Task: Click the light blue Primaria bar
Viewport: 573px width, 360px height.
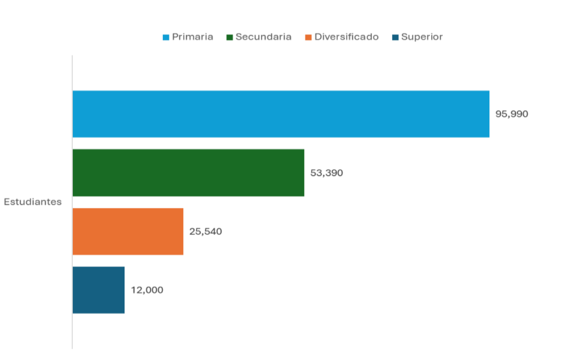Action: (280, 114)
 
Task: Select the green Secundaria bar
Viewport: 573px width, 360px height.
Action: (188, 172)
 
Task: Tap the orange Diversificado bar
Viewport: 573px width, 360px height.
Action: (128, 231)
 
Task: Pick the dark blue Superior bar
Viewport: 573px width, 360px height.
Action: (98, 290)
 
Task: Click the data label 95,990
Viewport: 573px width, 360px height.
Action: (512, 114)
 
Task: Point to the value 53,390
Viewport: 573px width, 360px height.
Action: (326, 173)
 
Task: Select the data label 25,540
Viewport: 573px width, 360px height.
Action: (206, 232)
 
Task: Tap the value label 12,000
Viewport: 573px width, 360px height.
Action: (147, 290)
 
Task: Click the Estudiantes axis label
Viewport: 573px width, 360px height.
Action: (33, 202)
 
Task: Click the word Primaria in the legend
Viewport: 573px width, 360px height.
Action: (192, 37)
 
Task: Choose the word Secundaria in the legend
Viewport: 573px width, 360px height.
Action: (263, 37)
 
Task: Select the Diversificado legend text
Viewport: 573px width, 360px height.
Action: (346, 37)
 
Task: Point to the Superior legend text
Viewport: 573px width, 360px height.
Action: (422, 37)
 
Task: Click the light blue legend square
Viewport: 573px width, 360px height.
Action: (166, 38)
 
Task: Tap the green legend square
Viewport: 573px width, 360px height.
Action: (229, 38)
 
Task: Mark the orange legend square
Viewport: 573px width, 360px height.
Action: (308, 38)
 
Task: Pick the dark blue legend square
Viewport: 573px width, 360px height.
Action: (395, 38)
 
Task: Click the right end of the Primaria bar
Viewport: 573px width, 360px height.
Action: (487, 114)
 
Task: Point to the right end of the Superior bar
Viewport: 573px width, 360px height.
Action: (123, 290)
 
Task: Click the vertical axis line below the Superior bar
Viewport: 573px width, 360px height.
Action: (72, 332)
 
